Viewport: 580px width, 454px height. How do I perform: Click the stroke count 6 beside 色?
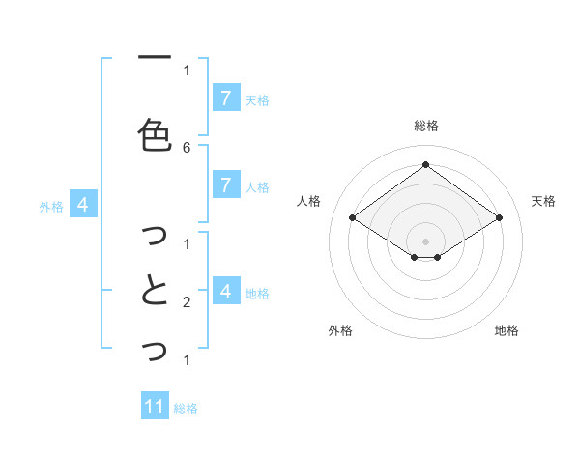click(x=187, y=147)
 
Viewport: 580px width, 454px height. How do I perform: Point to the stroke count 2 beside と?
click(x=187, y=302)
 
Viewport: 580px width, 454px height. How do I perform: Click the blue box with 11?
click(x=155, y=407)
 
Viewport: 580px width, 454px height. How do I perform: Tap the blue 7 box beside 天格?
click(x=225, y=99)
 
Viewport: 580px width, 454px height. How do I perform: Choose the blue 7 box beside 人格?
click(x=225, y=185)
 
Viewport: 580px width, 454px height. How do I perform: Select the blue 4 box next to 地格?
click(x=225, y=292)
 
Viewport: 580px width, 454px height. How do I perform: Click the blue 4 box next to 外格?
click(x=83, y=205)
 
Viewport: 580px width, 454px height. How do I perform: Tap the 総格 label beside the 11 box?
click(x=186, y=408)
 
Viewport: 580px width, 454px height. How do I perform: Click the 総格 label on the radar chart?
click(x=426, y=126)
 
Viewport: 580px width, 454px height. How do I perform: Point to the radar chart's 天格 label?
click(x=544, y=201)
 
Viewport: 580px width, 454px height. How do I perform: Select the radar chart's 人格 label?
click(x=309, y=201)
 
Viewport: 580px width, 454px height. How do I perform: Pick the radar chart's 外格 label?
click(x=340, y=330)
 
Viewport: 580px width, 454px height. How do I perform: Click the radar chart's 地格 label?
click(x=507, y=330)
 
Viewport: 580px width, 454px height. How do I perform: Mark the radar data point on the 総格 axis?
click(x=426, y=164)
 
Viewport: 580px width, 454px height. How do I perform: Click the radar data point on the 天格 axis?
click(x=499, y=218)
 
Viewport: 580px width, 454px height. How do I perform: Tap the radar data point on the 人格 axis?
click(x=353, y=218)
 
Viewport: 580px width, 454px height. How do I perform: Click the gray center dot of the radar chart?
click(x=426, y=241)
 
